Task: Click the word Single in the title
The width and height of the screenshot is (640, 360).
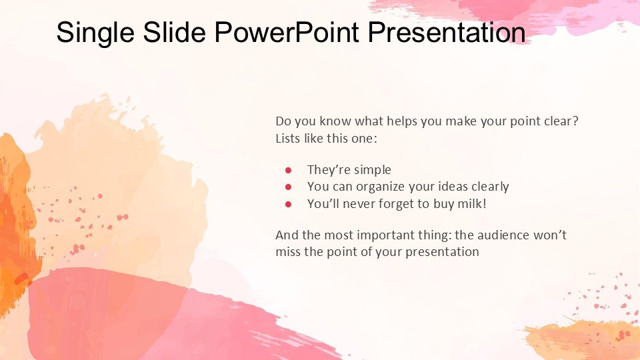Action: [x=95, y=32]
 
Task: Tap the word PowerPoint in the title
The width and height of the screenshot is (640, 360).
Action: [x=287, y=31]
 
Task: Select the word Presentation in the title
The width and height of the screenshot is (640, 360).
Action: [x=447, y=32]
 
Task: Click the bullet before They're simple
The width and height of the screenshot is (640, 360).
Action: [x=288, y=170]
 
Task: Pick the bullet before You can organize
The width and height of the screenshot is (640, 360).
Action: [x=288, y=187]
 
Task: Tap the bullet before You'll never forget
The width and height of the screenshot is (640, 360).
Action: [x=288, y=204]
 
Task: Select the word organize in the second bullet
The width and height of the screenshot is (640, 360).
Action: [x=381, y=187]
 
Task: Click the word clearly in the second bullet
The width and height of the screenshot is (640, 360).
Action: [x=490, y=187]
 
